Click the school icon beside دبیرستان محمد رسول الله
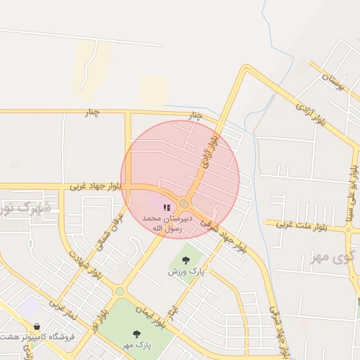point(167,207)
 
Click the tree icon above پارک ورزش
point(186,260)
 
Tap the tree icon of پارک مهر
point(136,334)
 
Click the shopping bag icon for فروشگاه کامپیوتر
point(36,326)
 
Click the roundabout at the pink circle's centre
point(184,204)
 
